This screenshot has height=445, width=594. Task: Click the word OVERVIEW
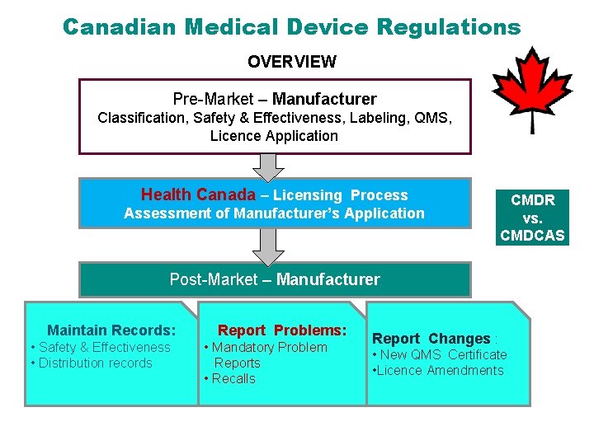(292, 62)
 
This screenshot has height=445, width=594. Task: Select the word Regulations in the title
(449, 26)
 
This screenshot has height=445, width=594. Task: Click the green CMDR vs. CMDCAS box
(532, 218)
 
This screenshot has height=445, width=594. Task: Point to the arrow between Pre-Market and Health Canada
(267, 166)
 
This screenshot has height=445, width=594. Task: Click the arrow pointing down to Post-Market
(267, 245)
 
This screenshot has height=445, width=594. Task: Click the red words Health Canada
(198, 195)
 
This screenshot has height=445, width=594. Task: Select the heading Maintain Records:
(111, 330)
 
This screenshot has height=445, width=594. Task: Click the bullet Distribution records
(95, 363)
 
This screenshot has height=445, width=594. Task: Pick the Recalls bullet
(233, 378)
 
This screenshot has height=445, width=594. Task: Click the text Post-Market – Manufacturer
(275, 279)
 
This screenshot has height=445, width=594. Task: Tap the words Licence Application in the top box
(274, 136)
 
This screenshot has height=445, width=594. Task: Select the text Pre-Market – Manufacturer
(275, 99)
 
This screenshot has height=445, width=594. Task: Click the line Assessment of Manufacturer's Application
(274, 213)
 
